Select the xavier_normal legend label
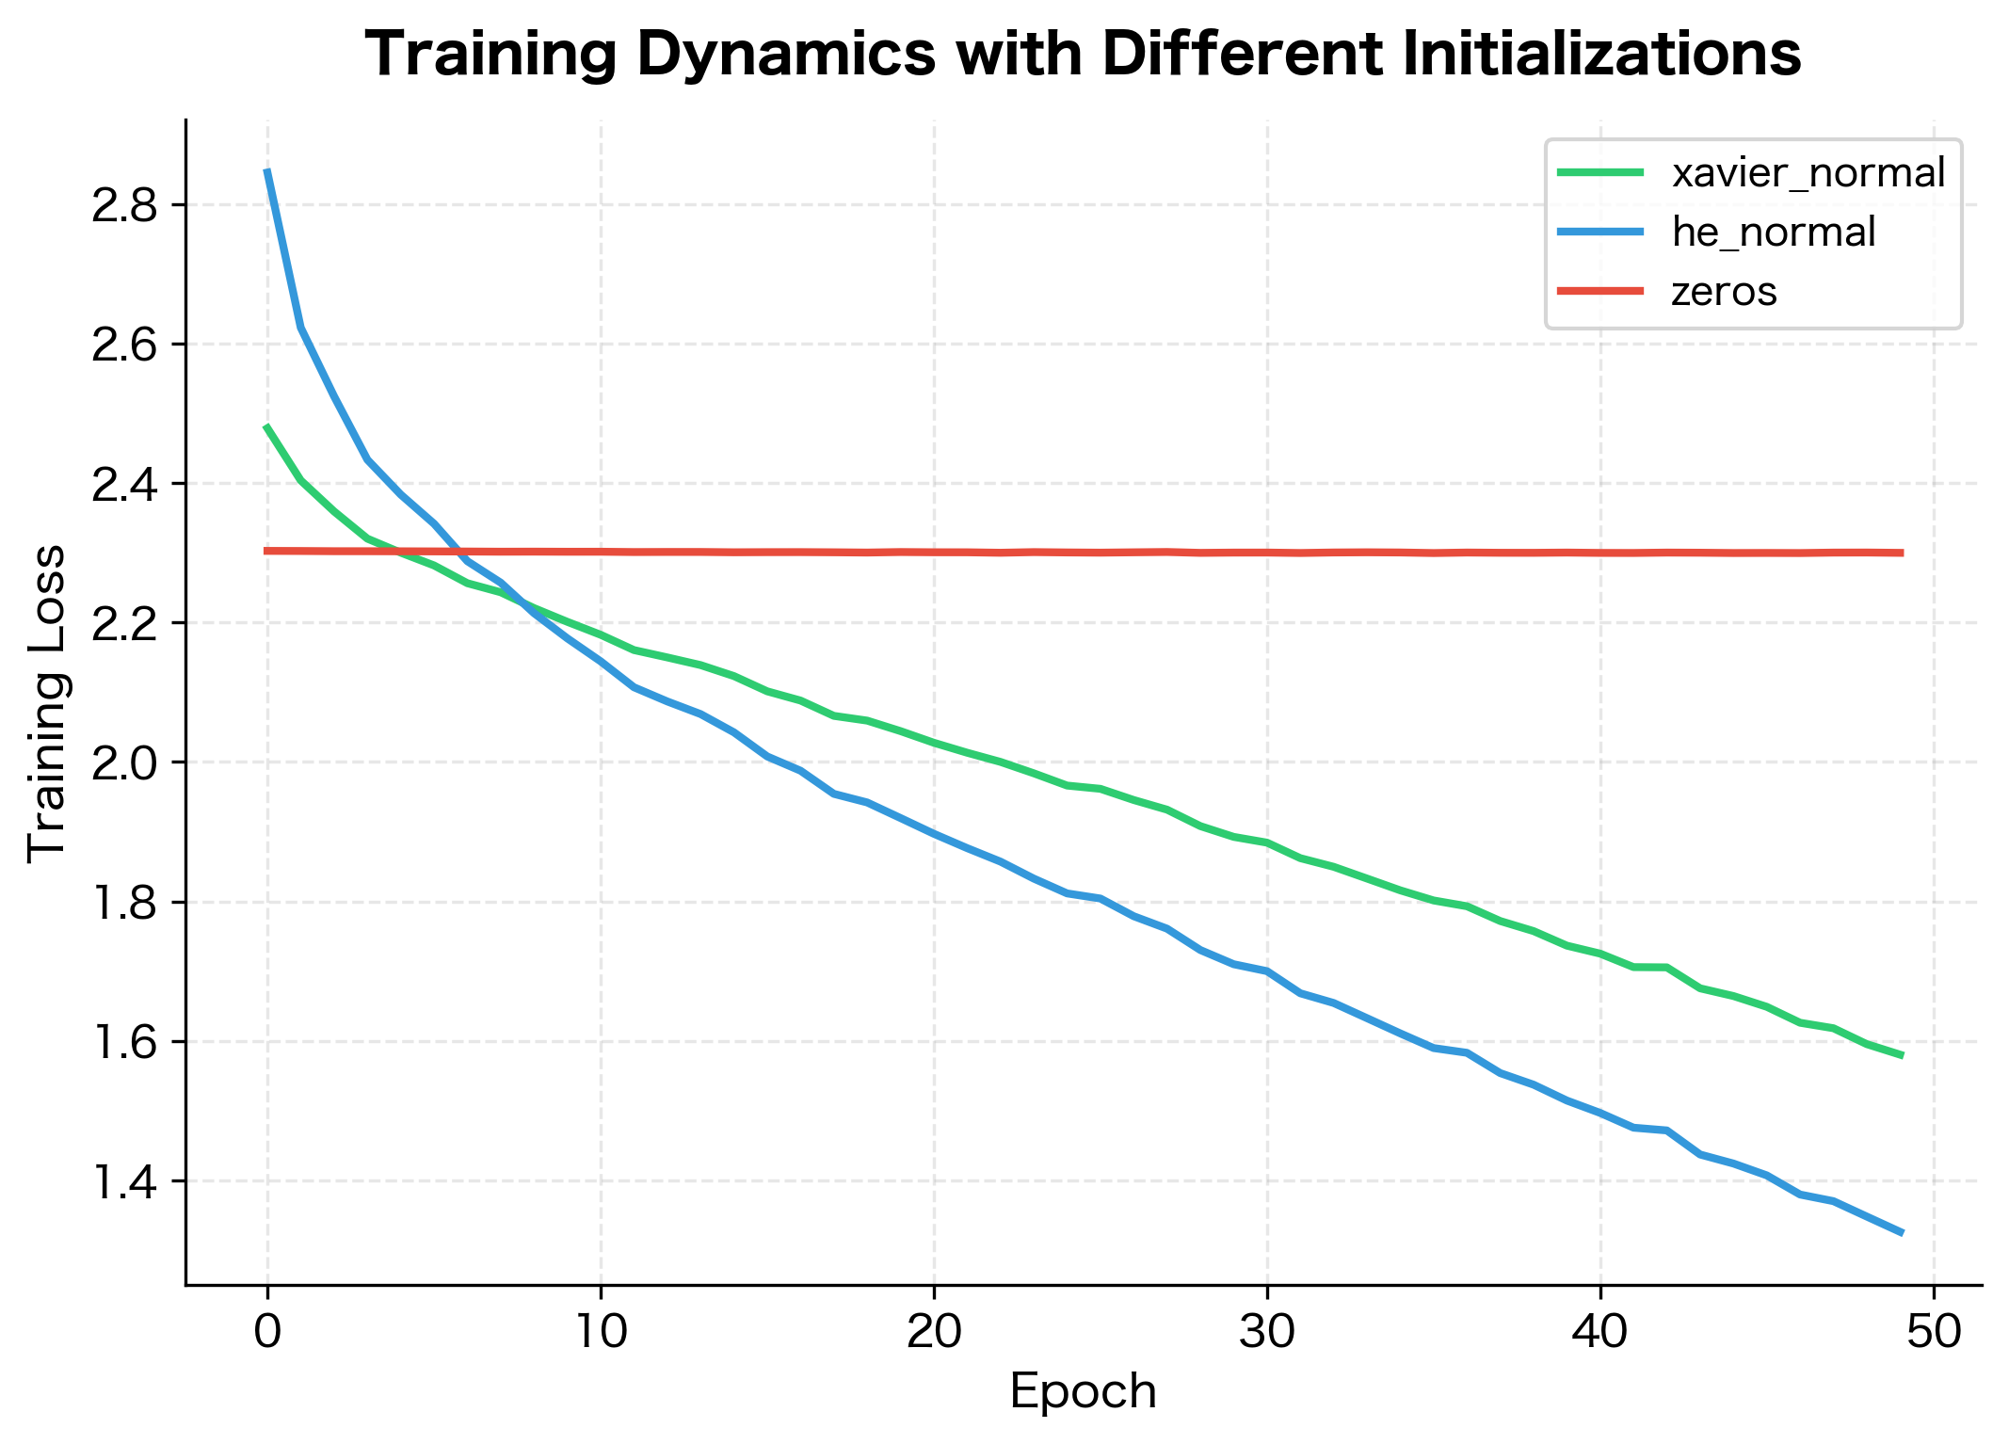1808,173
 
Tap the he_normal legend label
1774,233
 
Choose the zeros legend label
1724,292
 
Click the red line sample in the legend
1600,292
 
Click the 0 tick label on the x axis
267,1333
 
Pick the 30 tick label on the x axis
1266,1333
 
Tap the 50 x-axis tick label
1933,1333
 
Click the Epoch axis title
1083,1391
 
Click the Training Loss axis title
47,702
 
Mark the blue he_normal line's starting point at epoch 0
267,171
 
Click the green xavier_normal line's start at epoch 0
267,426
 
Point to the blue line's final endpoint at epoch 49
1902,1232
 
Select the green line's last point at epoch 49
1902,1055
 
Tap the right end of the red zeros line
1902,553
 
